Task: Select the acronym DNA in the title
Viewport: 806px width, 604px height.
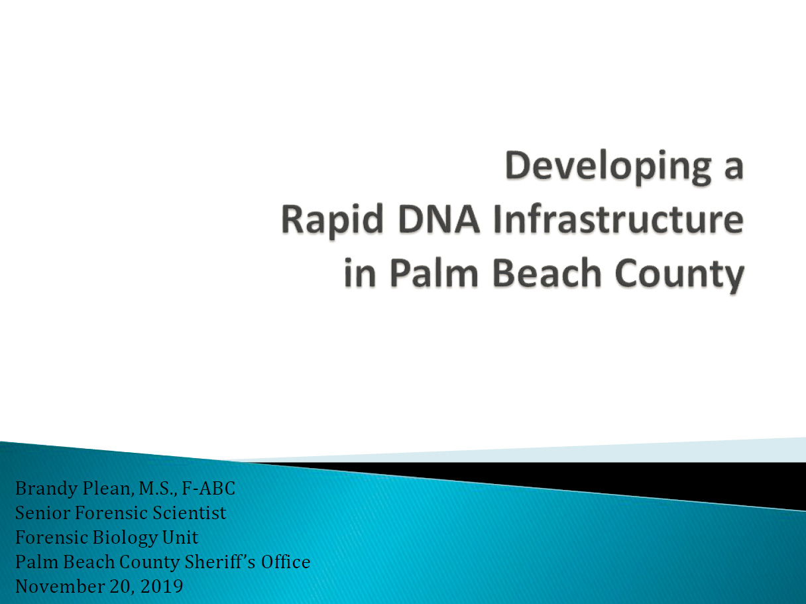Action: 439,219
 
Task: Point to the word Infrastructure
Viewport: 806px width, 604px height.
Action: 618,219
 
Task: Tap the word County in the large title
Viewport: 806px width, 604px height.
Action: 679,274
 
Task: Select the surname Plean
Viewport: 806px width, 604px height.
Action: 107,489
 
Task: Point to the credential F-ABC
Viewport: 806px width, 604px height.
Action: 209,489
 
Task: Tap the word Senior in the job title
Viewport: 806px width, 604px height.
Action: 42,513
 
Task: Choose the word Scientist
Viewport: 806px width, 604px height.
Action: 189,513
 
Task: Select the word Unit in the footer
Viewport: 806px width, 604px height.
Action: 180,538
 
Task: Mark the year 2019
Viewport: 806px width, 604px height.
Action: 162,586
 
